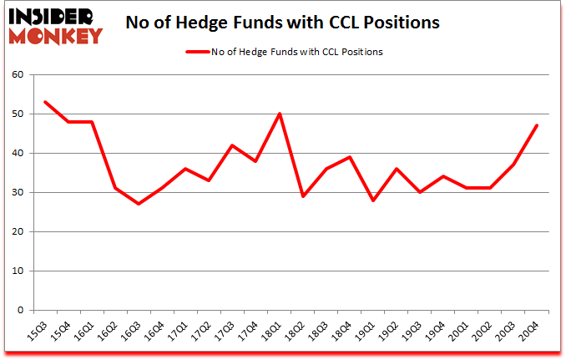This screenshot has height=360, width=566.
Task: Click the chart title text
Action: [x=281, y=23]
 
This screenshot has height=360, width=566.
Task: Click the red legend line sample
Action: [x=198, y=52]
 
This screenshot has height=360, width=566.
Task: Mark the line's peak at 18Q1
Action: [x=279, y=114]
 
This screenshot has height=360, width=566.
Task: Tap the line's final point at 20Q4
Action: [x=537, y=125]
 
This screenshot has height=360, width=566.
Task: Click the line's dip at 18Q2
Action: [x=302, y=196]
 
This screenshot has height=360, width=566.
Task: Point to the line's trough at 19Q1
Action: [x=373, y=200]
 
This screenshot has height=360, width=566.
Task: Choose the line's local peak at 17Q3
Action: [x=232, y=145]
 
